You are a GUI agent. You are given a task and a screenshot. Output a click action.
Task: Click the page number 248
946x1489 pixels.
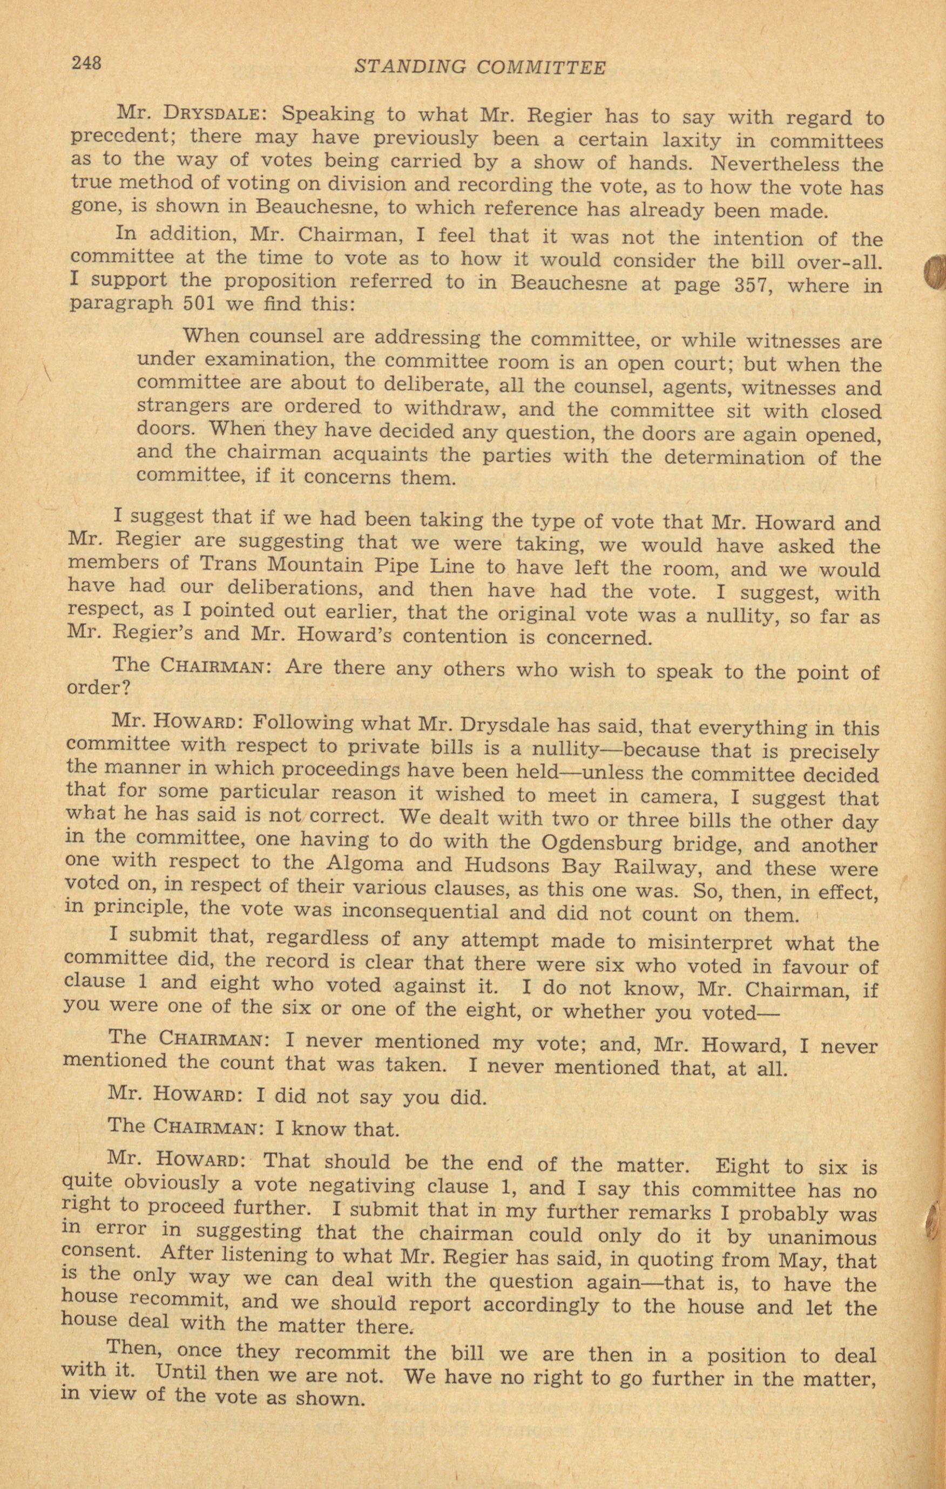click(86, 63)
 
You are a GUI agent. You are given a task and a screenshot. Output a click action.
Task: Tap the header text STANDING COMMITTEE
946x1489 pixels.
click(481, 67)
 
